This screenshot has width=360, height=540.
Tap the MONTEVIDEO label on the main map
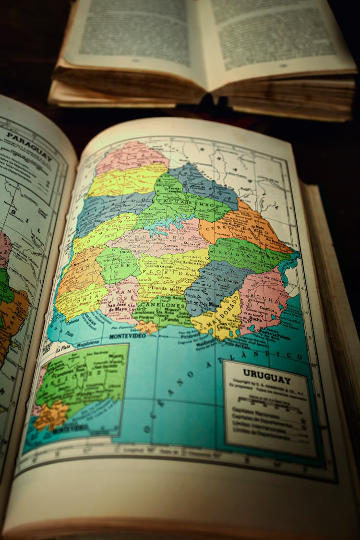point(127,336)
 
